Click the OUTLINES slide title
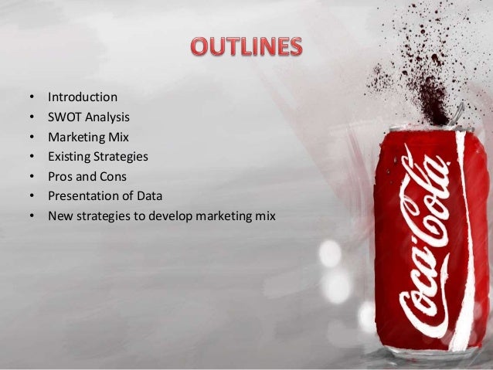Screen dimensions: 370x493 (x=246, y=49)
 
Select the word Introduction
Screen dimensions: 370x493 (x=83, y=97)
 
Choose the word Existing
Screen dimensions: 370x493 (x=69, y=156)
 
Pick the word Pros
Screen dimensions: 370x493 (x=59, y=176)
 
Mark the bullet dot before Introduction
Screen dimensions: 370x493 (x=31, y=98)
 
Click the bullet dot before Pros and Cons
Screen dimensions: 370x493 (x=31, y=177)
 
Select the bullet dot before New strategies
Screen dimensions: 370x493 (x=31, y=216)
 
